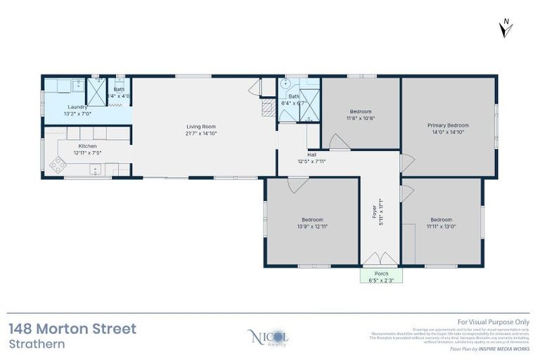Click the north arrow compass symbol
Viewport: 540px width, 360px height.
505,28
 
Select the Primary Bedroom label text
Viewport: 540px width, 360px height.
448,125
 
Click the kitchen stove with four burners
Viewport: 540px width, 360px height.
58,165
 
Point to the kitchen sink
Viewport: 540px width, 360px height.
94,169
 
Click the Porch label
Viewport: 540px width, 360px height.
382,274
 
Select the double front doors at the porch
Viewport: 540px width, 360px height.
380,260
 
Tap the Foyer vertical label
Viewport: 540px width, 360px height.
375,212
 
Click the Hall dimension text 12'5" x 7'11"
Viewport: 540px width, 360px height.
311,161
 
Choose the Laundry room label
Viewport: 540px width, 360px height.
77,107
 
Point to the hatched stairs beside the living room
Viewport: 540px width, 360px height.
268,108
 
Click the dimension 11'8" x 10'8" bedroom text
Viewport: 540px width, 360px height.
361,118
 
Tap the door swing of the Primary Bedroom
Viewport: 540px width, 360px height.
407,163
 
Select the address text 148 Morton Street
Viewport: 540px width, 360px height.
72,328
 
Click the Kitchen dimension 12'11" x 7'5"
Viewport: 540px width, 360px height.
88,153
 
